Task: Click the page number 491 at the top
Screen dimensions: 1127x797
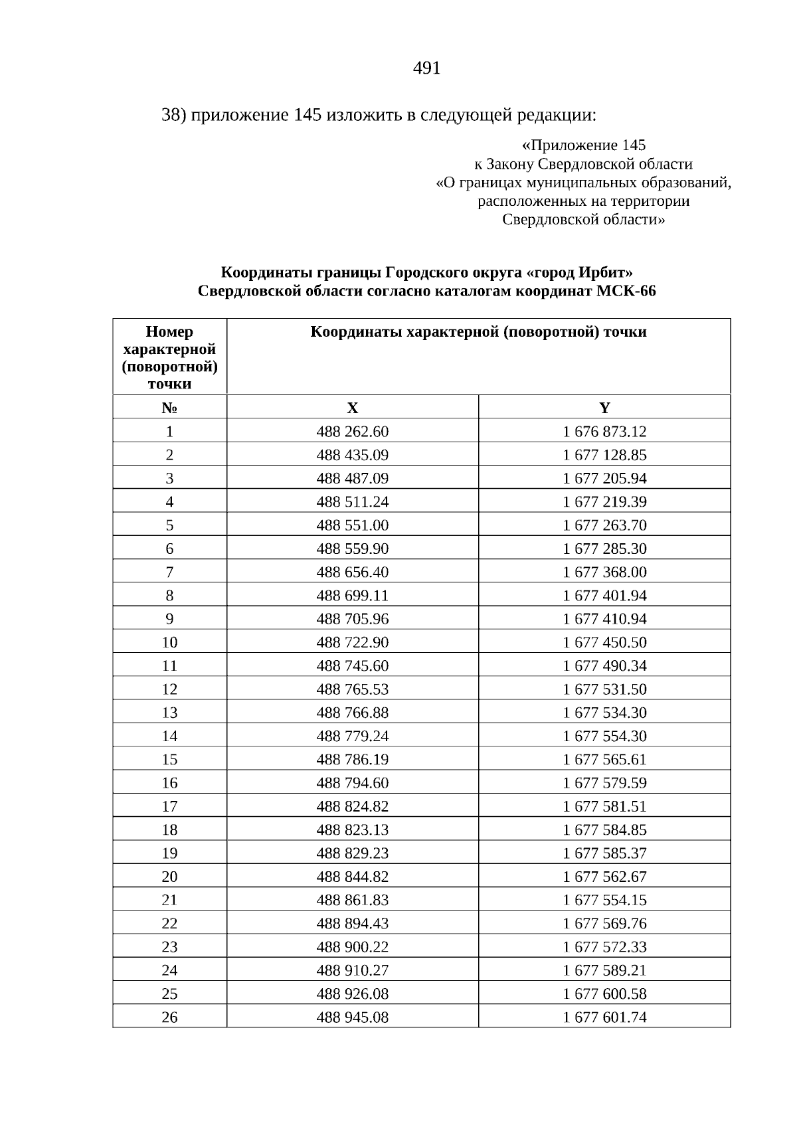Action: pyautogui.click(x=426, y=68)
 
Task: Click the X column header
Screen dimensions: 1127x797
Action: pyautogui.click(x=353, y=408)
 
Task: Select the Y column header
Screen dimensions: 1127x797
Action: pyautogui.click(x=604, y=408)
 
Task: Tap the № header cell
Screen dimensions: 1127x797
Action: pyautogui.click(x=169, y=408)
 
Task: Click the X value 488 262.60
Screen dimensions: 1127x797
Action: pyautogui.click(x=353, y=432)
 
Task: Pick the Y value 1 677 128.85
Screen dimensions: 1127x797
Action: pyautogui.click(x=604, y=455)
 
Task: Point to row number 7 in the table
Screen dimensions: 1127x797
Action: pyautogui.click(x=169, y=572)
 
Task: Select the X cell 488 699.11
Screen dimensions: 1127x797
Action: pyautogui.click(x=353, y=596)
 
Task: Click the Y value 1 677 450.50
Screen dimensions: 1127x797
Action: pyautogui.click(x=604, y=642)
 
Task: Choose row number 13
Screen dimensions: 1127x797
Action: pyautogui.click(x=169, y=713)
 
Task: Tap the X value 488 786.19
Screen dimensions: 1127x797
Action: pyautogui.click(x=353, y=759)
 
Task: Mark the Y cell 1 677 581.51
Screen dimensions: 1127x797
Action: pyautogui.click(x=604, y=806)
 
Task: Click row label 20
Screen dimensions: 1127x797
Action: pyautogui.click(x=169, y=877)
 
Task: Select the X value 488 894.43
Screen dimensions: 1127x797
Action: pyautogui.click(x=353, y=923)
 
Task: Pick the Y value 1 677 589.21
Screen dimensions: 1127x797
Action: pyautogui.click(x=604, y=970)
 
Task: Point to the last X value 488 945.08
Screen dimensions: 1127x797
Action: pyautogui.click(x=353, y=1017)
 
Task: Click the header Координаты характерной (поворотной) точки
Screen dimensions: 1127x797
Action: pyautogui.click(x=478, y=332)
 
